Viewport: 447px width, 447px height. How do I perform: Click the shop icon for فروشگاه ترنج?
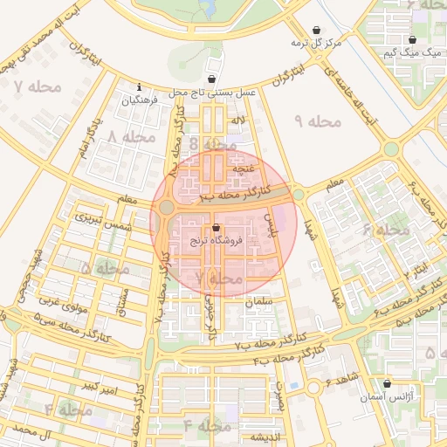pyautogui.click(x=217, y=229)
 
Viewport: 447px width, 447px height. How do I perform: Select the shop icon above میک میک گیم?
pyautogui.click(x=411, y=40)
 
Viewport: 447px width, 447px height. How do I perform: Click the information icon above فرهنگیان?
pyautogui.click(x=140, y=86)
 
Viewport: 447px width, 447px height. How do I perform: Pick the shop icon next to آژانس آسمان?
pyautogui.click(x=387, y=383)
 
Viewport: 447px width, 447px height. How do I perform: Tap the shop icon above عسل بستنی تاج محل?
pyautogui.click(x=212, y=79)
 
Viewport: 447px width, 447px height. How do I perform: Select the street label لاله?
pyautogui.click(x=237, y=120)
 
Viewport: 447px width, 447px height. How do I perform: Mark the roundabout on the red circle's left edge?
pyautogui.click(x=166, y=207)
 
